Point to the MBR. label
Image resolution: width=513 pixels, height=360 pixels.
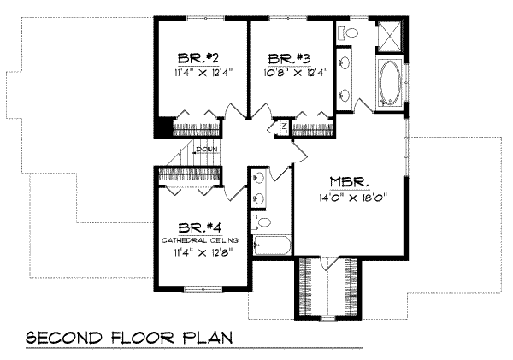pos(349,182)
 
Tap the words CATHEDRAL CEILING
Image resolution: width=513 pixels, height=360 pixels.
pos(201,241)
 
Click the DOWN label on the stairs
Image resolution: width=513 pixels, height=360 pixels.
pos(207,150)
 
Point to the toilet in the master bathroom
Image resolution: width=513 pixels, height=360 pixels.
pos(348,34)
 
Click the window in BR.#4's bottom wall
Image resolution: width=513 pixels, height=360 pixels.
pos(202,289)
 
